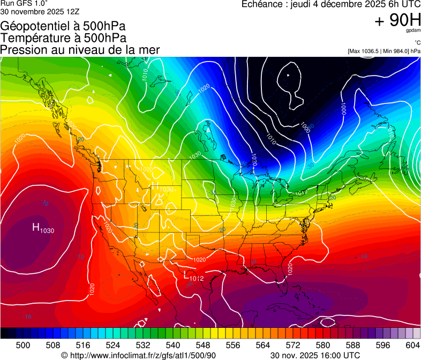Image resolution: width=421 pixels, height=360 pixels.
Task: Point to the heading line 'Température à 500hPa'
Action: coord(63,37)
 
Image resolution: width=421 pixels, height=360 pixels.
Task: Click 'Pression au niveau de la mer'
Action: coord(80,49)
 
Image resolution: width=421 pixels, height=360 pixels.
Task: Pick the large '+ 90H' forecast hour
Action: coord(396,21)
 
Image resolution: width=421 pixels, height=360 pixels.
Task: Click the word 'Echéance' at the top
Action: coord(261,4)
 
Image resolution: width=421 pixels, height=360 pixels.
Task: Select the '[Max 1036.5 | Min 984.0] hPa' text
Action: coord(384,51)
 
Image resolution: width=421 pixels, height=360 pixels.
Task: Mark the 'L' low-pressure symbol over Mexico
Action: coord(186,276)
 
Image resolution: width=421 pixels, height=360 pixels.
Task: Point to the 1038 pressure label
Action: coord(167,190)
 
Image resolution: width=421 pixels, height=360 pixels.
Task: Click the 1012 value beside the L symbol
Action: coord(197,278)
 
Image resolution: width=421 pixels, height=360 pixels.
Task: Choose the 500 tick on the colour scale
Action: coord(23,345)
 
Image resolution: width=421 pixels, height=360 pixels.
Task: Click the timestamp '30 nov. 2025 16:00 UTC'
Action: coord(315,355)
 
